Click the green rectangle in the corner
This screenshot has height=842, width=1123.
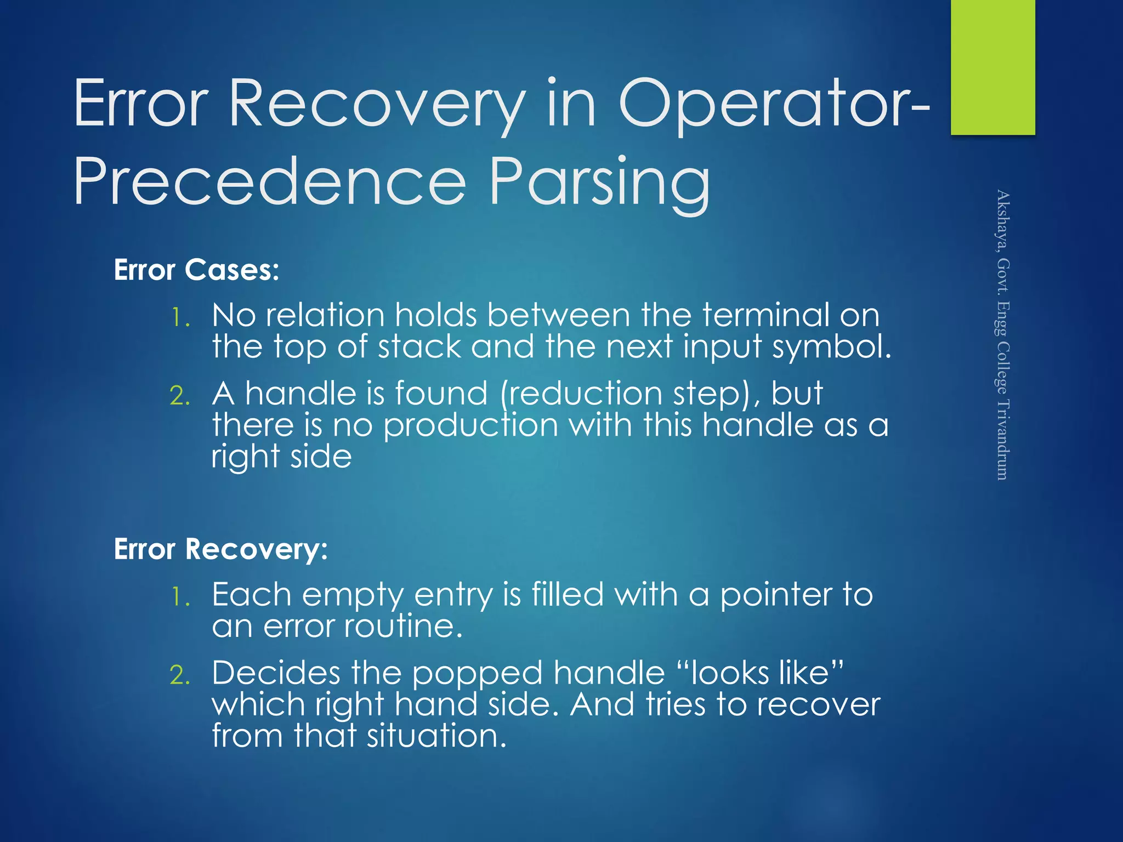pyautogui.click(x=992, y=67)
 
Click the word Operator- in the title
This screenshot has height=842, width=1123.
pyautogui.click(x=773, y=104)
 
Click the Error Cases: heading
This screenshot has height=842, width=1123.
pyautogui.click(x=196, y=270)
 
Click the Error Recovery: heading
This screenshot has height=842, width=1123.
pyautogui.click(x=220, y=549)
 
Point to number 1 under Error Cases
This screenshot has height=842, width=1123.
pyautogui.click(x=180, y=317)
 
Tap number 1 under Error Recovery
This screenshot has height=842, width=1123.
pyautogui.click(x=180, y=596)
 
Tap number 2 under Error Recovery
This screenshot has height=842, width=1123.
pyautogui.click(x=180, y=675)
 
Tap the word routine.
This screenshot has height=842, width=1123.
pyautogui.click(x=404, y=626)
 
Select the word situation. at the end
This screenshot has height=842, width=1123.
pyautogui.click(x=436, y=736)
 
